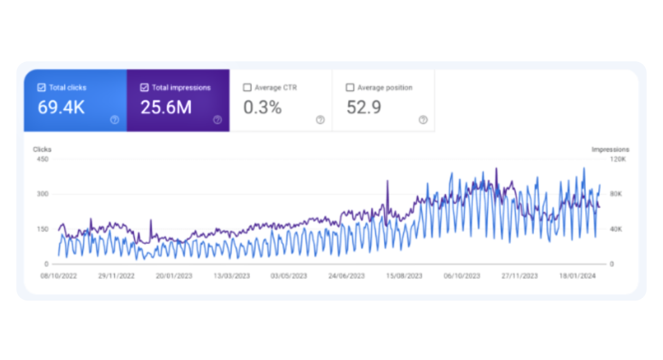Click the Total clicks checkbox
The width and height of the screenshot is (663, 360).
point(42,88)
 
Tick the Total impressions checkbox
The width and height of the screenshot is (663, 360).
point(144,88)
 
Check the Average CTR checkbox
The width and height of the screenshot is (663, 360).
point(247,88)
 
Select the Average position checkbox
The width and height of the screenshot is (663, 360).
point(350,88)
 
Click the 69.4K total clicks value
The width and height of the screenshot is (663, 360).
point(61,108)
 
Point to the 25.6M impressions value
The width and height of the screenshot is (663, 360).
point(165,108)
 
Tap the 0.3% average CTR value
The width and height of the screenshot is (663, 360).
point(263,108)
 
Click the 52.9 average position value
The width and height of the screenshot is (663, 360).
point(364,108)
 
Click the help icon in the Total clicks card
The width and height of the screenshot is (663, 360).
point(115,120)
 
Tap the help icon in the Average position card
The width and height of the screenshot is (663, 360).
point(423,120)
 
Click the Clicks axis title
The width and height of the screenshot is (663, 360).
point(42,149)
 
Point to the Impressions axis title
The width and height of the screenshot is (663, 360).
point(610,149)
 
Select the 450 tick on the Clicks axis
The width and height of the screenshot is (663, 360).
point(43,159)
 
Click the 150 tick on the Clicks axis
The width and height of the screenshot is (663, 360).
point(43,229)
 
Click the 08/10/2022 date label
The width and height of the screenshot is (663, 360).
point(59,276)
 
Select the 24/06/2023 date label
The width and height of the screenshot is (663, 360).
point(346,276)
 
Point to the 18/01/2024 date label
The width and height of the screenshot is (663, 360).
point(577,276)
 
